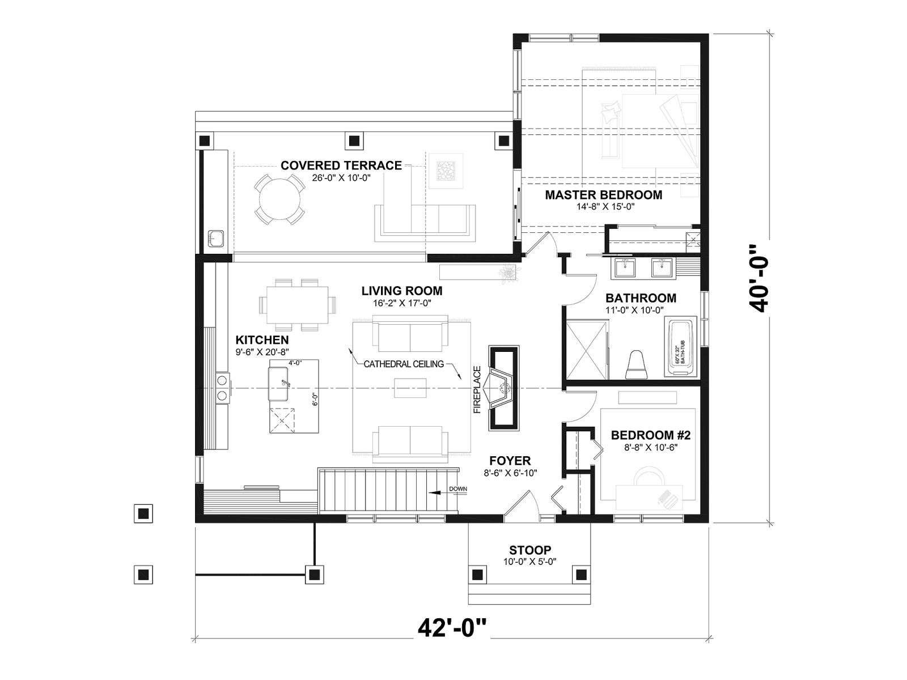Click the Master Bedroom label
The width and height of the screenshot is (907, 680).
coord(603,195)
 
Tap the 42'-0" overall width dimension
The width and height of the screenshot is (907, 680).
coord(452,628)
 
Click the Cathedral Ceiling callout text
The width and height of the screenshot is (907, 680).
coord(403,364)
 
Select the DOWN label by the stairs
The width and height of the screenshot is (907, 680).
coord(458,489)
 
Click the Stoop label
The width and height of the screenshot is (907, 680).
coord(529,550)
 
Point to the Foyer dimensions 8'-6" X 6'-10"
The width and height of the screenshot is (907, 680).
coord(510,473)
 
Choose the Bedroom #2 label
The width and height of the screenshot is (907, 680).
coord(651,435)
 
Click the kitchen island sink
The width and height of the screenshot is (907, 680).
coord(279,384)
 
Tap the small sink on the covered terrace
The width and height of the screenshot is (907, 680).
coord(216,239)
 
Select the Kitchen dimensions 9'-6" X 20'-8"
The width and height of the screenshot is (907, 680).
coord(262,352)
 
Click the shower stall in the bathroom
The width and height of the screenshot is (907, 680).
coord(587,349)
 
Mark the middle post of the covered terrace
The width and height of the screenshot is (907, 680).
coord(354,141)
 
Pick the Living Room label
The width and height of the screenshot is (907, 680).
coord(402,291)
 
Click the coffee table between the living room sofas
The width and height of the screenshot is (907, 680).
coord(410,388)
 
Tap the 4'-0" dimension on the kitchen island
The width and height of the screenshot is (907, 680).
coord(295,363)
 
